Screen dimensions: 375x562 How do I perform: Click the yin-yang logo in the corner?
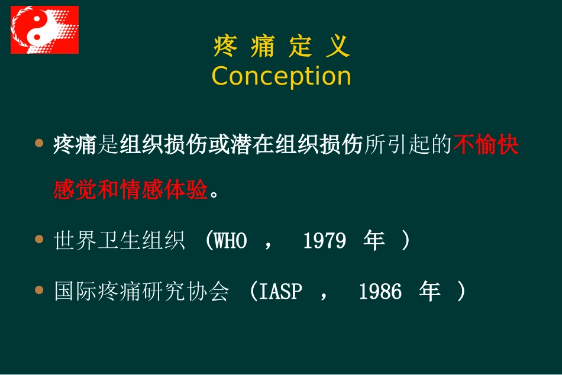(x=44, y=30)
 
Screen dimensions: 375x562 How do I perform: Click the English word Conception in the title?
(x=282, y=76)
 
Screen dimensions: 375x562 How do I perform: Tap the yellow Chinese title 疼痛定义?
(x=282, y=47)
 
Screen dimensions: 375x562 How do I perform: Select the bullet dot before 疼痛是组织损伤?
(x=40, y=143)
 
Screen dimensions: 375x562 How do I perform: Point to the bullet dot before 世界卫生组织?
(x=40, y=240)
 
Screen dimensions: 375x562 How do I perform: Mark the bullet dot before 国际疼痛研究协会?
(x=40, y=290)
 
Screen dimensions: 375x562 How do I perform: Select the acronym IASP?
(x=280, y=292)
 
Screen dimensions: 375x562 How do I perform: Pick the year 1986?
(x=380, y=292)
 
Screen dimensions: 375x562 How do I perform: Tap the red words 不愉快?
(x=486, y=145)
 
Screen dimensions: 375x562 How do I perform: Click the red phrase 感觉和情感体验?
(x=130, y=190)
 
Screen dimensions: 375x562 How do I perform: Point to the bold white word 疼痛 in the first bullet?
(x=75, y=145)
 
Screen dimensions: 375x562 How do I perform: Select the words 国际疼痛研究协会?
(x=141, y=292)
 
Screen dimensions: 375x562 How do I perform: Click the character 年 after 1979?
(x=374, y=241)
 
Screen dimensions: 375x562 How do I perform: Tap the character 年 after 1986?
(x=430, y=292)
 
